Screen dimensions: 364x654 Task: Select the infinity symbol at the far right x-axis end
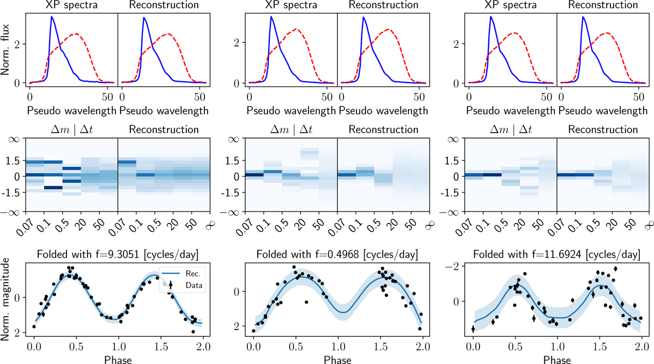(x=647, y=223)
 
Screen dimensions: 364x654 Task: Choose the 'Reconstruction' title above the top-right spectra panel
(x=602, y=6)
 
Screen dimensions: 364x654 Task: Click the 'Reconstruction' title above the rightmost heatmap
(x=602, y=130)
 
